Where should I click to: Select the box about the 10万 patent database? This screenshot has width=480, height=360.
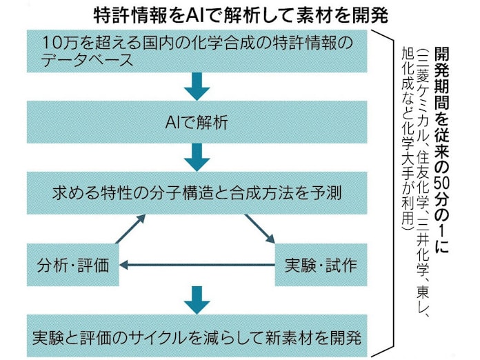point(197,50)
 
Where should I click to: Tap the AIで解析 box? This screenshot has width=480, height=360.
point(197,123)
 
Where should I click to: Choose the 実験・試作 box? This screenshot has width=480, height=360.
point(323,263)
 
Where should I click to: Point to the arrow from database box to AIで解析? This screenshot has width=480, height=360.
point(197,87)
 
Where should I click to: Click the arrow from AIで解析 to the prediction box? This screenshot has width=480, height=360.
point(197,157)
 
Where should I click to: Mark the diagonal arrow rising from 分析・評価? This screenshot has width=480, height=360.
point(131,229)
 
